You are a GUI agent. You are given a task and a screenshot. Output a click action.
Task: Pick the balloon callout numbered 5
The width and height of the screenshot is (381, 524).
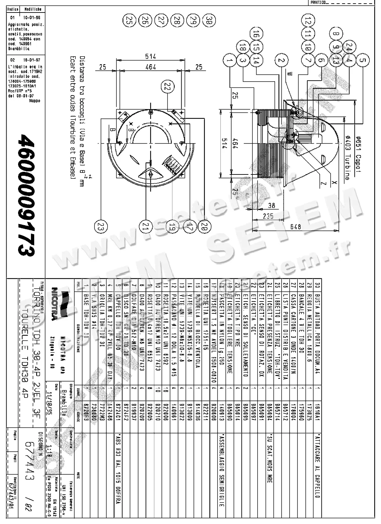[x=363, y=60]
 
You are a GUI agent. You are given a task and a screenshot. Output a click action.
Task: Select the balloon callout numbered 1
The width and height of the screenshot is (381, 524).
[x=229, y=60]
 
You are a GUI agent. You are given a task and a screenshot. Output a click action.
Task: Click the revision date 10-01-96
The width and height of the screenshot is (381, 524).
[x=32, y=17]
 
